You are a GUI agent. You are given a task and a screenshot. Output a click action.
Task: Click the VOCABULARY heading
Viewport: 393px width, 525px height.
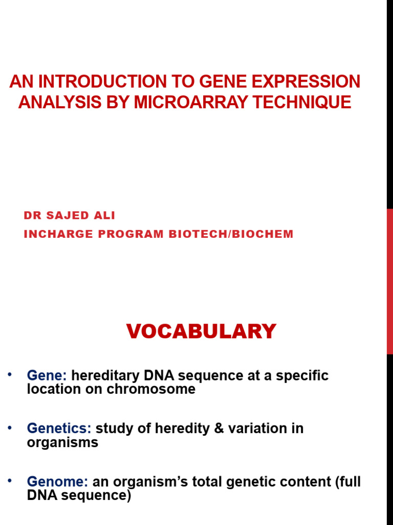(x=201, y=332)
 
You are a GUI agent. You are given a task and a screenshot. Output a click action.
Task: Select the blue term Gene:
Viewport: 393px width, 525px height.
(x=47, y=376)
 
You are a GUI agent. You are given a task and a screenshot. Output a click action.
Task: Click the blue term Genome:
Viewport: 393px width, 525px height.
(x=57, y=482)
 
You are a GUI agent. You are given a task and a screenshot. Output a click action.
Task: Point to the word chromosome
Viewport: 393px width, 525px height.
(x=151, y=389)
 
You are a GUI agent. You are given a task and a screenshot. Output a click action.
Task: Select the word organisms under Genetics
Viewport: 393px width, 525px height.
(x=62, y=442)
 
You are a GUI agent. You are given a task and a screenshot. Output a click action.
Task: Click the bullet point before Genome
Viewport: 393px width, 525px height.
(x=9, y=480)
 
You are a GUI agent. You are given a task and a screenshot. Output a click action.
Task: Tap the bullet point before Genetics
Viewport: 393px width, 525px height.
(x=9, y=427)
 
